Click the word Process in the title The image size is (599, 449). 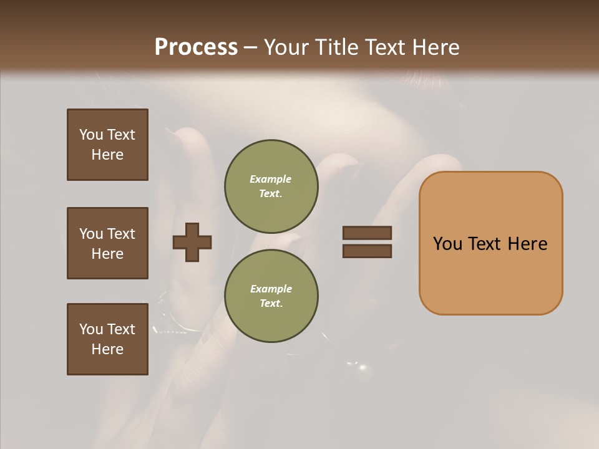pos(196,47)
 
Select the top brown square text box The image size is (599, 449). pos(107,145)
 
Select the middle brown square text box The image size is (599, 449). pos(107,243)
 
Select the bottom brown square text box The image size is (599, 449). pos(107,339)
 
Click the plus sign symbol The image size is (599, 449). pos(192,242)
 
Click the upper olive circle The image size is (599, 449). pos(271,186)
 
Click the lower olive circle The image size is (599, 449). pos(271,296)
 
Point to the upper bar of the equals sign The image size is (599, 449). pos(367,233)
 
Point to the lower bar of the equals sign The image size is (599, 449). pos(367,251)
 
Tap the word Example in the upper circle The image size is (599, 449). pos(271,179)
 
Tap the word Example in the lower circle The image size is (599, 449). pos(271,289)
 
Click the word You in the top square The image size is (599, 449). pos(90,135)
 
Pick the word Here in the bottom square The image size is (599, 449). pos(107,349)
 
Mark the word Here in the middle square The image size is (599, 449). pos(107,254)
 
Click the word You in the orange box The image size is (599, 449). pos(448,244)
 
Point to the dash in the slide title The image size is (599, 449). pos(251,47)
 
